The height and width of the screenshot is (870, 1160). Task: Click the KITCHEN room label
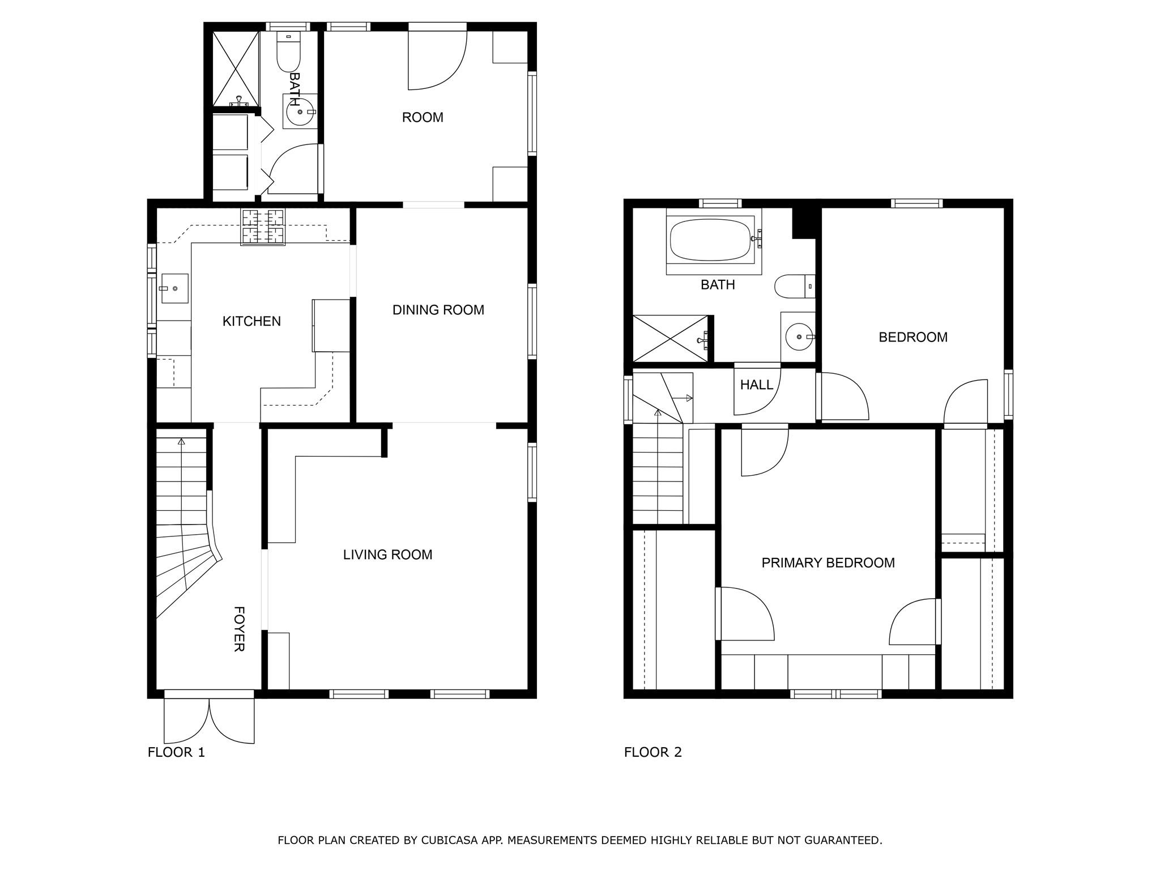(x=251, y=321)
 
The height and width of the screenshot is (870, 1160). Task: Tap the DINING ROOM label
(x=438, y=310)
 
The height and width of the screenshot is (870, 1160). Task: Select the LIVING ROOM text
(x=387, y=555)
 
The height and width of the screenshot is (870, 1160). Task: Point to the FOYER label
(x=239, y=629)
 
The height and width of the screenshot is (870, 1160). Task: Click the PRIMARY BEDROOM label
(x=828, y=562)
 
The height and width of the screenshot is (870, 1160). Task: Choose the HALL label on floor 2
(x=757, y=385)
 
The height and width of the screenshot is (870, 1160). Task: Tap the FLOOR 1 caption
(x=176, y=752)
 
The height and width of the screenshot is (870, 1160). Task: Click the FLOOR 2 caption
(x=653, y=752)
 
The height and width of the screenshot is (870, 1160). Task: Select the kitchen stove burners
(x=263, y=227)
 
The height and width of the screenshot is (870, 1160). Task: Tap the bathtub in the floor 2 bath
(x=711, y=240)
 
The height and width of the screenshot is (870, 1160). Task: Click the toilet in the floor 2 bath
(x=795, y=286)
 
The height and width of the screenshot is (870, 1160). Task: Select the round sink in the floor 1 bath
(x=300, y=112)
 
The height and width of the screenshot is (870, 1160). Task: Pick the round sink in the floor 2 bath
(x=799, y=337)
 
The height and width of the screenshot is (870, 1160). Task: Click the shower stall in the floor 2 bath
(x=670, y=338)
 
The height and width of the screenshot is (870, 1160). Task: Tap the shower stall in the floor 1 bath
(x=236, y=69)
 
